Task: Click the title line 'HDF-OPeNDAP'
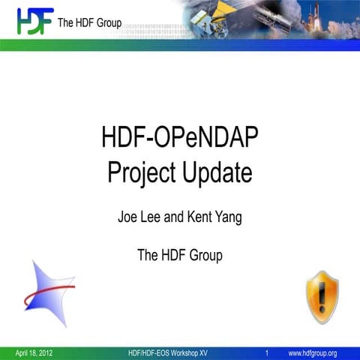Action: pyautogui.click(x=180, y=139)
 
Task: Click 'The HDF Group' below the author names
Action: pyautogui.click(x=180, y=256)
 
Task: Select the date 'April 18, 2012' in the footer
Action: pyautogui.click(x=34, y=352)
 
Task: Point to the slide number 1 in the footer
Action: pyautogui.click(x=267, y=352)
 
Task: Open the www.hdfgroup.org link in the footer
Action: pyautogui.click(x=312, y=352)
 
